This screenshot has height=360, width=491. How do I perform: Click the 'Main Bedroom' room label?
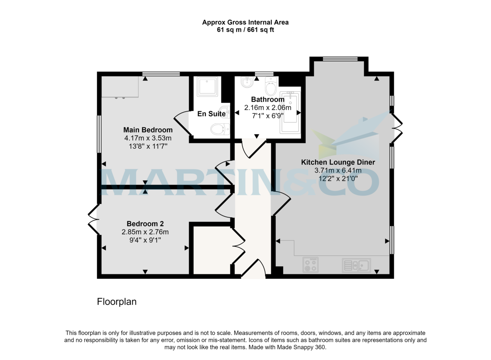(x=148, y=130)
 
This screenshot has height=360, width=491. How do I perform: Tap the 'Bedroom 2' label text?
(x=145, y=224)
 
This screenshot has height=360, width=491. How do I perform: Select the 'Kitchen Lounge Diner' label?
(x=338, y=162)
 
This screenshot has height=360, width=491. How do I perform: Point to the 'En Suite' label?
(x=211, y=114)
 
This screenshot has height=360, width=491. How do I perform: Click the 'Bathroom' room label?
(x=268, y=100)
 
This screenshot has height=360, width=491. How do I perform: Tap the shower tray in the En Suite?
(x=209, y=86)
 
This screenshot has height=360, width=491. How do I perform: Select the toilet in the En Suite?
(x=218, y=130)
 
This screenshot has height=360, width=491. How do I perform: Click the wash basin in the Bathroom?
(x=247, y=83)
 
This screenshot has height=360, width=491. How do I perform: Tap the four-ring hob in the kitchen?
(x=311, y=265)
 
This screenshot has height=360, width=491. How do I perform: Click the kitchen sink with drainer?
(x=356, y=265)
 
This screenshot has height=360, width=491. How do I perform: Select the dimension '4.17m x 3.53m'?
(x=148, y=138)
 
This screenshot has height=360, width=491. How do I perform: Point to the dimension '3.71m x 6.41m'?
(x=338, y=170)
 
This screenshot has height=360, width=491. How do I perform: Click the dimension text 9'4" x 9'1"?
(x=145, y=239)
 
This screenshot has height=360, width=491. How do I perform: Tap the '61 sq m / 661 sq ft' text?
(x=245, y=30)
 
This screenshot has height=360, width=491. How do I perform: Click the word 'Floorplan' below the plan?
(x=117, y=302)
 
